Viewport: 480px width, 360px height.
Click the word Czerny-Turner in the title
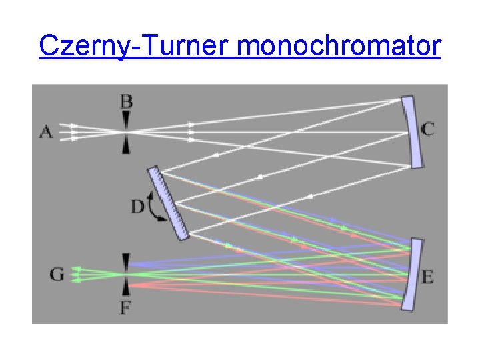[134, 47]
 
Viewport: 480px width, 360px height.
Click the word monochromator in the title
[338, 47]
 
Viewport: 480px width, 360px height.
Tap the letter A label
[45, 132]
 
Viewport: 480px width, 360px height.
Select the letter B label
[126, 102]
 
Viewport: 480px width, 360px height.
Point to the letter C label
[428, 129]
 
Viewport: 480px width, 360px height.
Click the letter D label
[137, 207]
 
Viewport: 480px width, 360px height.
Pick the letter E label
[428, 276]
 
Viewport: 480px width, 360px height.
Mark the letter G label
[57, 274]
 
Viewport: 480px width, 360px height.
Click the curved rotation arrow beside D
[156, 207]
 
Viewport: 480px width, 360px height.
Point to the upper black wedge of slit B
[126, 120]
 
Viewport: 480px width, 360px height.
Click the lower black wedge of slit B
[126, 145]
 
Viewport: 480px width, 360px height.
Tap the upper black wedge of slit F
[126, 261]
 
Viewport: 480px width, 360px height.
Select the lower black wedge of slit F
[126, 287]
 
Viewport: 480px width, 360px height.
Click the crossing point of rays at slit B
[126, 132]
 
